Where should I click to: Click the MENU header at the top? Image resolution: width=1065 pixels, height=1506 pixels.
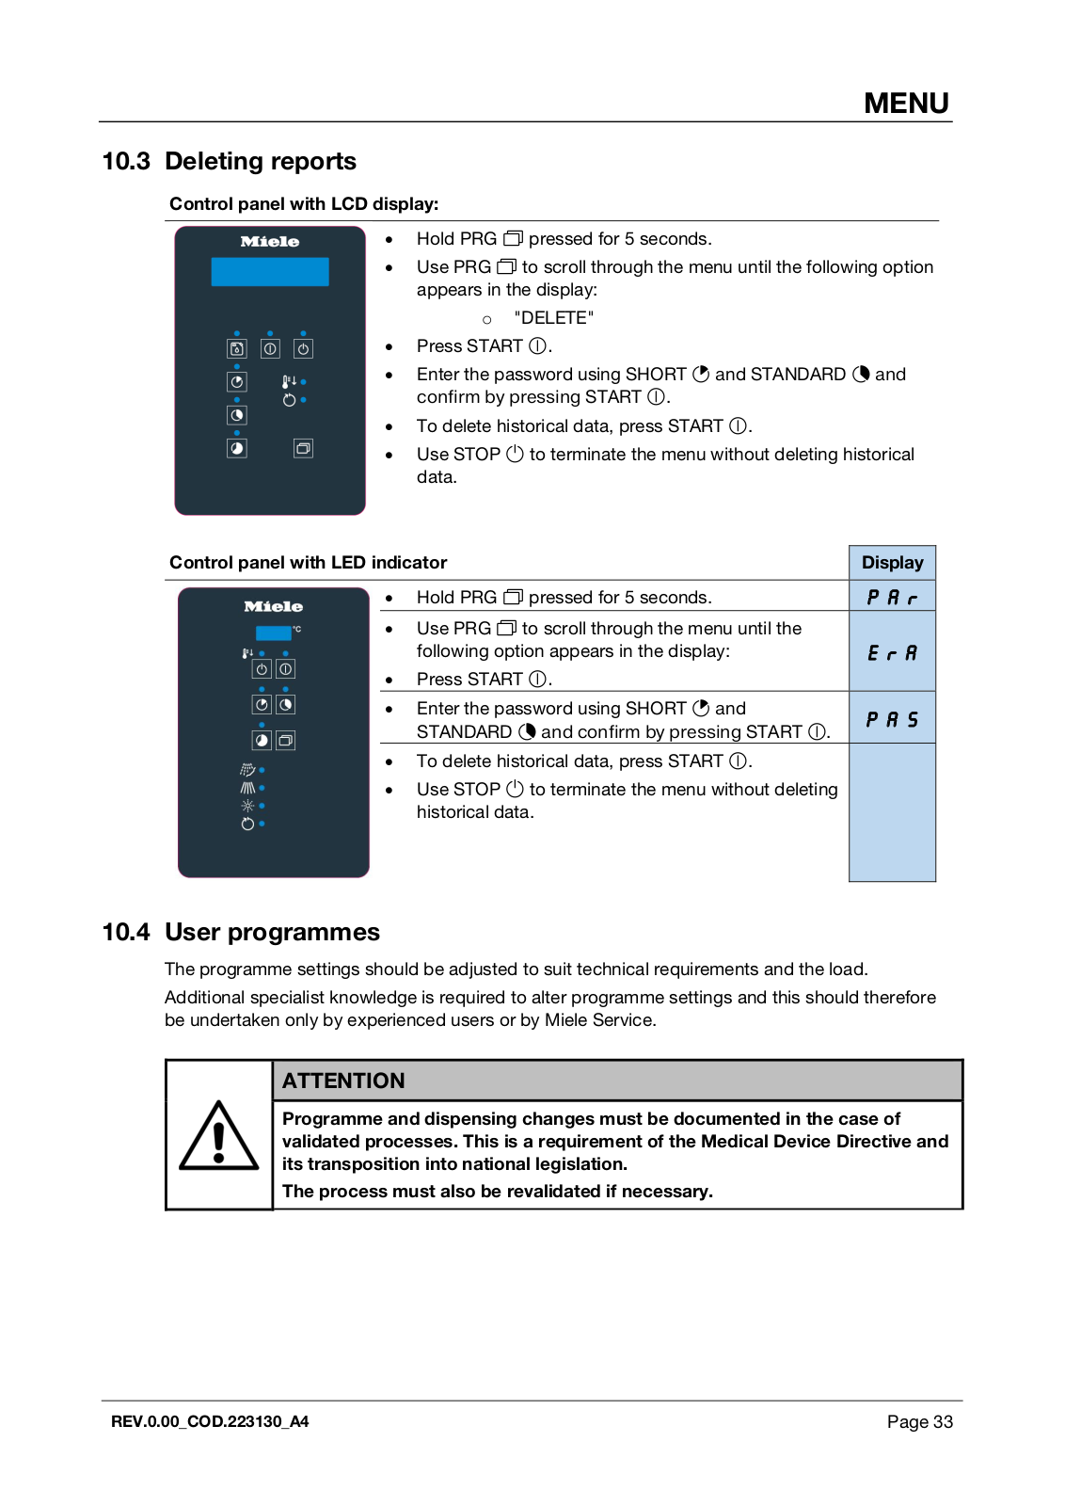pyautogui.click(x=906, y=103)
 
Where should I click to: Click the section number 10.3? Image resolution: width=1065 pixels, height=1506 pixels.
pyautogui.click(x=126, y=162)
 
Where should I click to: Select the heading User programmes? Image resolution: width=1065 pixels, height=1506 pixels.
pyautogui.click(x=272, y=932)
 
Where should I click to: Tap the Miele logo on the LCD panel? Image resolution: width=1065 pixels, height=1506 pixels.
pyautogui.click(x=270, y=242)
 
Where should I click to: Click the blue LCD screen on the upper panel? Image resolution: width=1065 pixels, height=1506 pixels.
pyautogui.click(x=270, y=271)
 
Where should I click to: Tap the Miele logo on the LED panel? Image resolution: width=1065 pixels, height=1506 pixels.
pyautogui.click(x=274, y=607)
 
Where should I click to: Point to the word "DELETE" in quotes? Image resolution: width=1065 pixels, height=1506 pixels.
pyautogui.click(x=554, y=318)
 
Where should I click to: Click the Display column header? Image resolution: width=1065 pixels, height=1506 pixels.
pyautogui.click(x=892, y=563)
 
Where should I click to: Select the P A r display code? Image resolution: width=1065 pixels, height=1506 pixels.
pyautogui.click(x=892, y=598)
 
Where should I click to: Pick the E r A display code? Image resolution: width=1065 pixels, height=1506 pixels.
pyautogui.click(x=892, y=653)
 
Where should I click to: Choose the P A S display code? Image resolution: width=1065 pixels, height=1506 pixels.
pyautogui.click(x=892, y=720)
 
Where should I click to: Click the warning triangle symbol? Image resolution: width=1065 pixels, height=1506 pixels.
pyautogui.click(x=219, y=1136)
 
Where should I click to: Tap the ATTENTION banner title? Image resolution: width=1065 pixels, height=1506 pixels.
pyautogui.click(x=343, y=1081)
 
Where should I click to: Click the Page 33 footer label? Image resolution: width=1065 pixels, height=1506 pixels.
pyautogui.click(x=919, y=1421)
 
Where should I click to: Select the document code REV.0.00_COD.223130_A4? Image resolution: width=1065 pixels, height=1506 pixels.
pyautogui.click(x=210, y=1421)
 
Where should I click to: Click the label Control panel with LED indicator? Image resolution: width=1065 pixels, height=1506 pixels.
pyautogui.click(x=308, y=563)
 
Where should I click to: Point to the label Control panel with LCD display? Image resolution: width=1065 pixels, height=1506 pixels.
pyautogui.click(x=304, y=204)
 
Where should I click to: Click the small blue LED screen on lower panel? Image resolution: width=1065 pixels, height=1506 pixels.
pyautogui.click(x=273, y=633)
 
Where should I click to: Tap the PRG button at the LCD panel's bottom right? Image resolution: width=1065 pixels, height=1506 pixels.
pyautogui.click(x=303, y=448)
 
